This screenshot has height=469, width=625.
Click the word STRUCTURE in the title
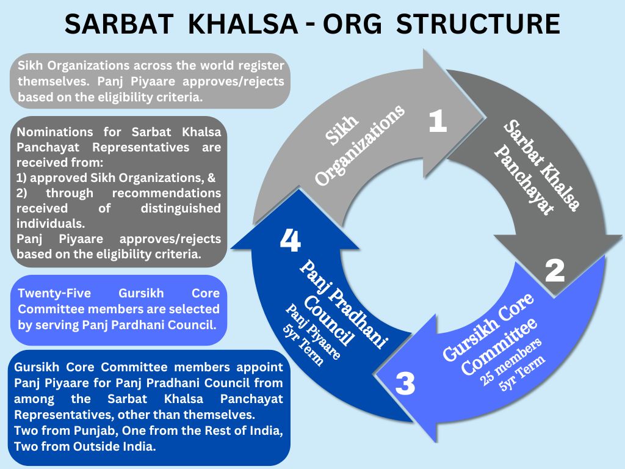click(x=478, y=24)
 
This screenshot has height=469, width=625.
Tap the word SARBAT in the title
click(x=119, y=24)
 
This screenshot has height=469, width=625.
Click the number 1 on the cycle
click(x=438, y=122)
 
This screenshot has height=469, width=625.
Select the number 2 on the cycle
click(x=554, y=271)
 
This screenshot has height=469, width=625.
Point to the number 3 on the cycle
click(x=405, y=384)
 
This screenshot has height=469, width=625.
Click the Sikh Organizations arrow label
click(x=359, y=145)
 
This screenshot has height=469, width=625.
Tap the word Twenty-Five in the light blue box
click(x=54, y=294)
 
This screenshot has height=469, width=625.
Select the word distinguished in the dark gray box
click(x=181, y=208)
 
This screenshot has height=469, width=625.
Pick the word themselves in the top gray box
click(x=54, y=81)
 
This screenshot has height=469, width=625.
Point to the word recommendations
click(x=166, y=193)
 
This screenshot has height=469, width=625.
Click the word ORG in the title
click(x=352, y=24)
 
